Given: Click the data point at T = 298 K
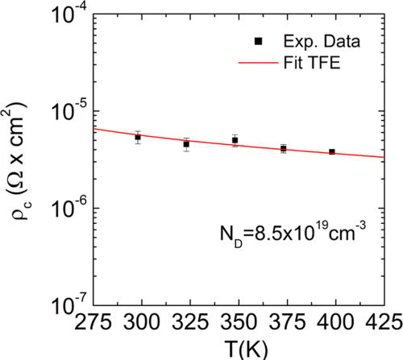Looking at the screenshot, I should [x=138, y=137].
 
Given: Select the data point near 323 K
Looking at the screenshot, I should [x=186, y=144].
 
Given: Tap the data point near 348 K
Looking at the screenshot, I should [x=235, y=140].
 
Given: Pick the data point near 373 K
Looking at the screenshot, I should [x=283, y=148].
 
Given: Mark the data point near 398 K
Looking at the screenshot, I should [x=331, y=151].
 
